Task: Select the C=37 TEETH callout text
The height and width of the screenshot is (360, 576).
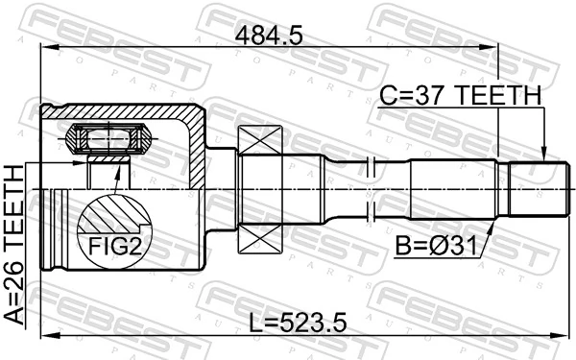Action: click(460, 96)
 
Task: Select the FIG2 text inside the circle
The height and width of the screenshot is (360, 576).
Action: click(115, 247)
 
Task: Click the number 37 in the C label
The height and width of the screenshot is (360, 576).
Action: click(426, 96)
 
